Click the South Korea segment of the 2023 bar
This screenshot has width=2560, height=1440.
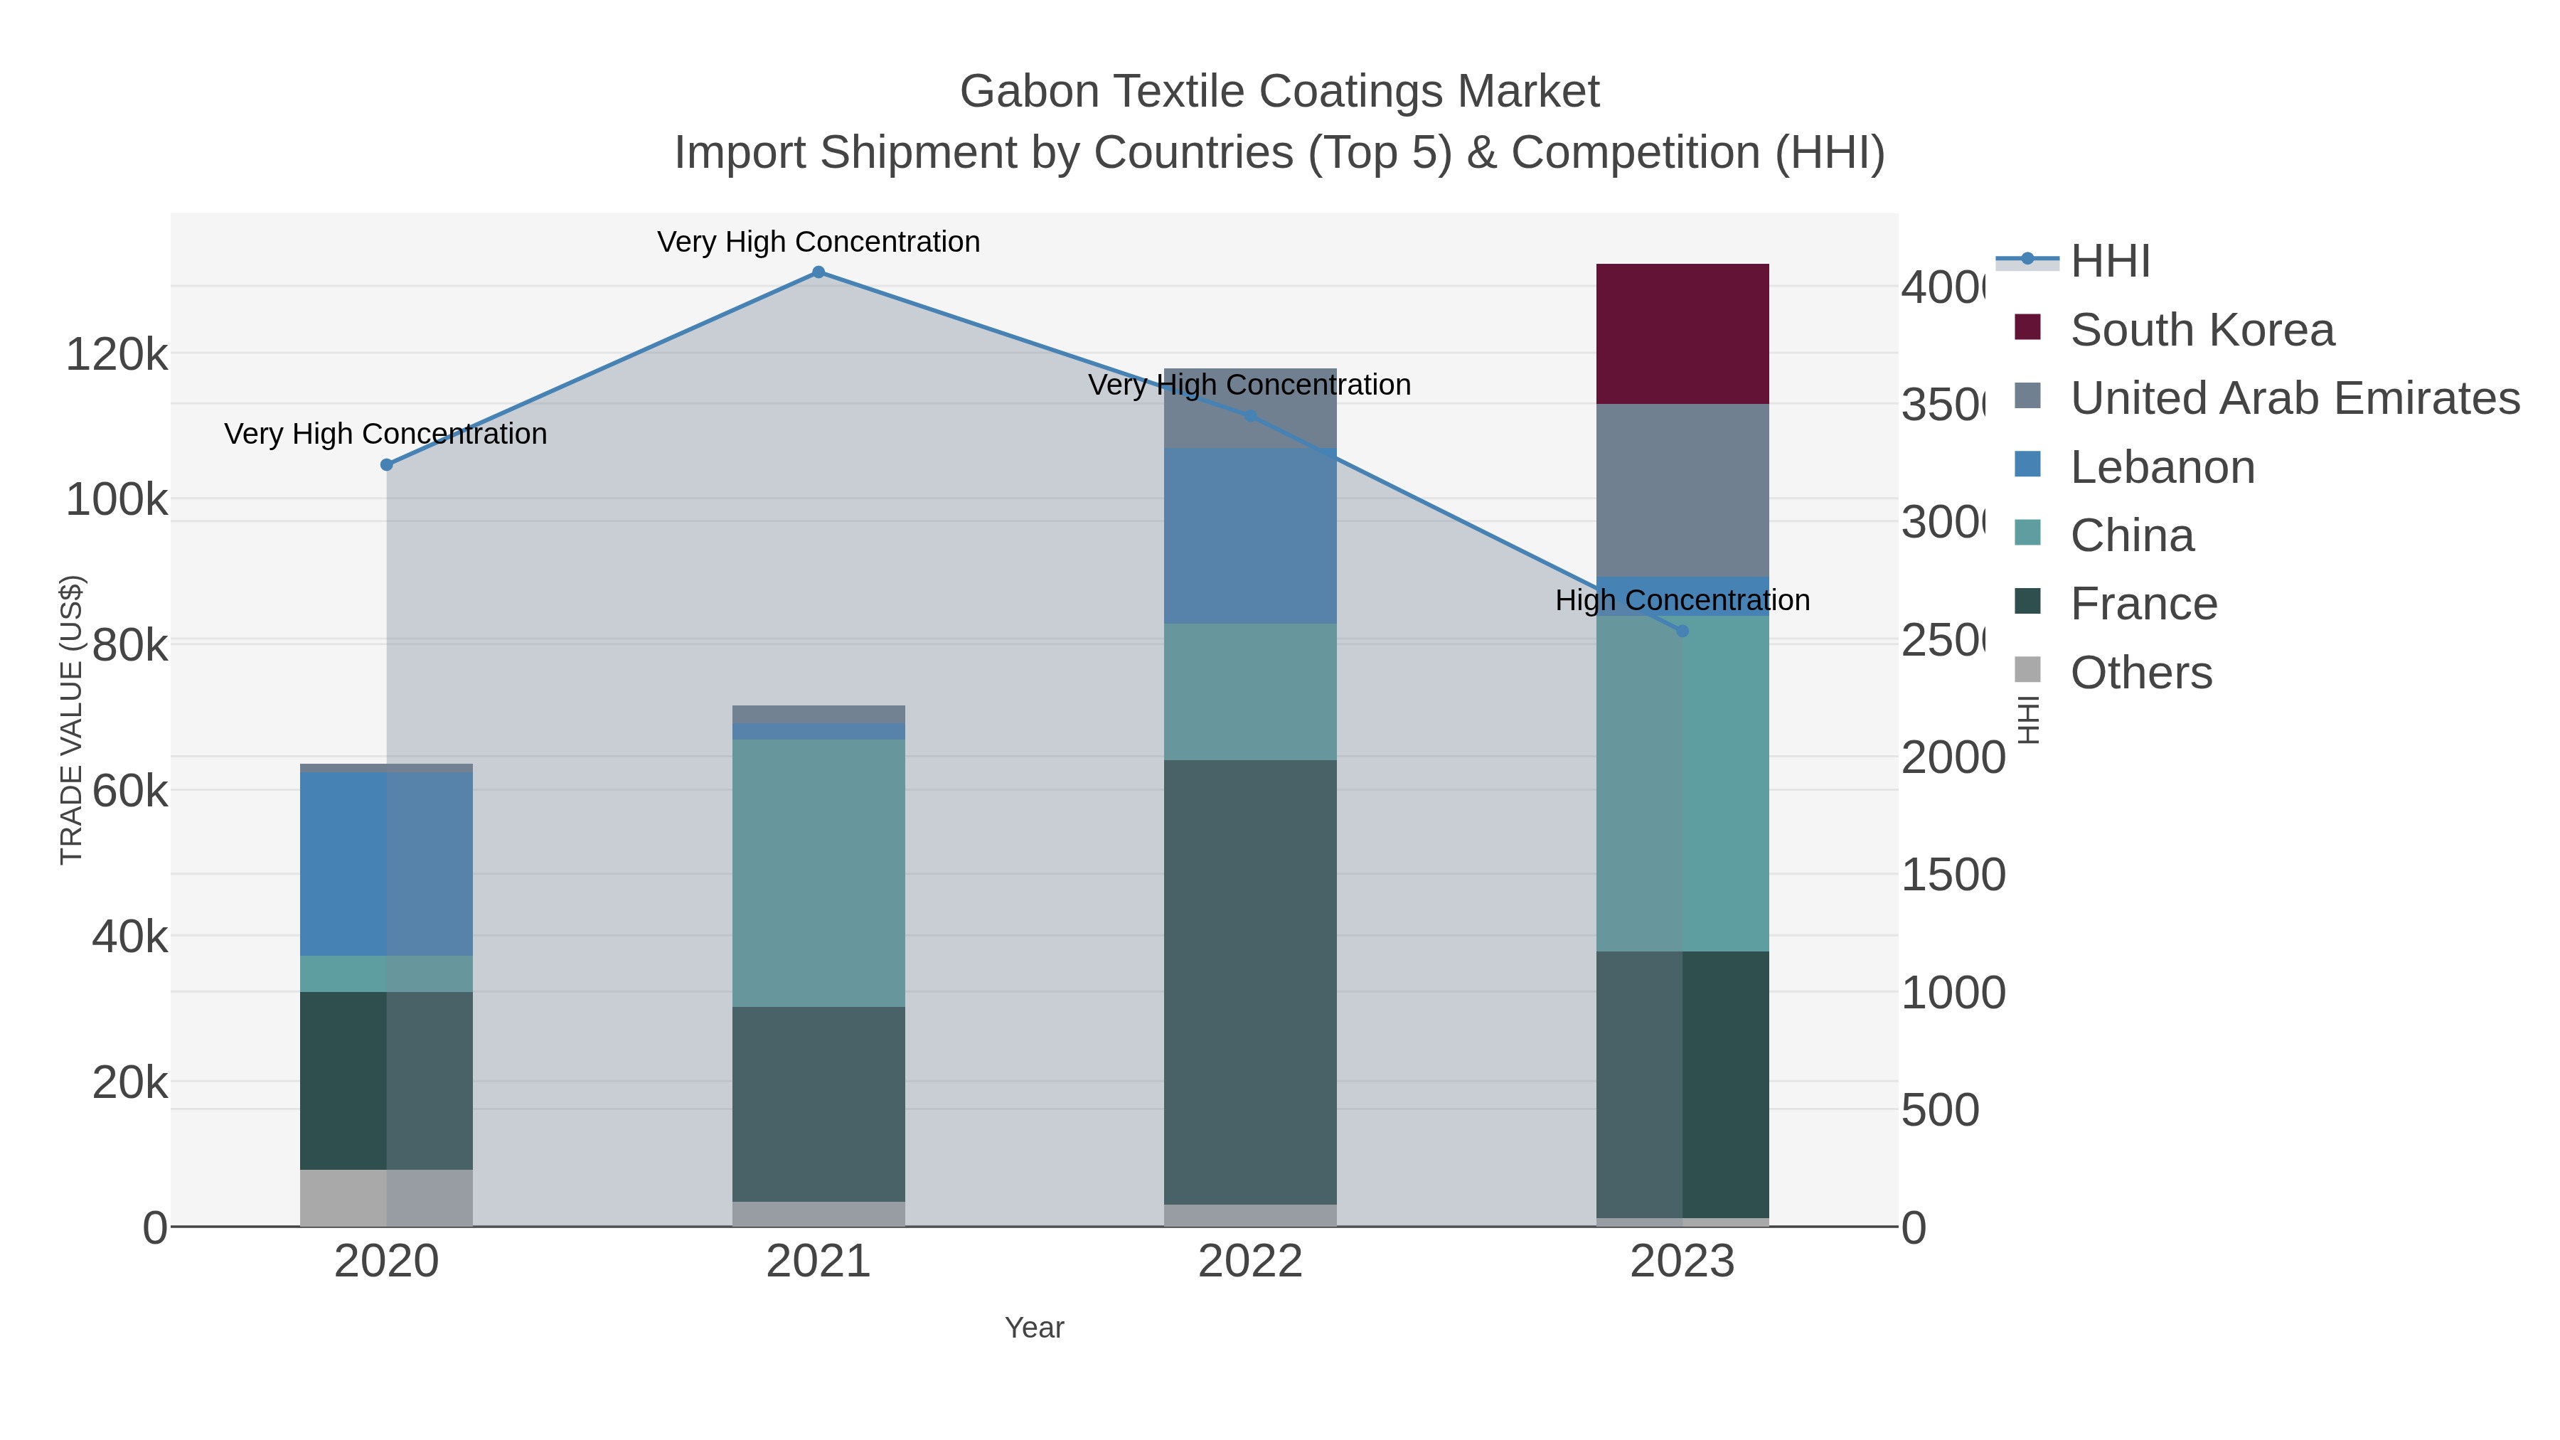pos(1682,334)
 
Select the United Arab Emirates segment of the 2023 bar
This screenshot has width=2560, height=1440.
pos(1682,490)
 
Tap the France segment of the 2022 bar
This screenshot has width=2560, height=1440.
pos(1249,982)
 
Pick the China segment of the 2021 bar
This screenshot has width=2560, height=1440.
pos(818,873)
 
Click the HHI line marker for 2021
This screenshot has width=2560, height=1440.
pos(818,272)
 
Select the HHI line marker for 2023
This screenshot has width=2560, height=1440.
pos(1682,631)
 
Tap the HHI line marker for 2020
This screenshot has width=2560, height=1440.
pos(387,465)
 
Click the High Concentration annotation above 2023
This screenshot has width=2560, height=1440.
pos(1682,600)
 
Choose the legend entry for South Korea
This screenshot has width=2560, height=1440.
pos(2201,330)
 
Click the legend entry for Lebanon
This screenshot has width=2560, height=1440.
pos(2162,467)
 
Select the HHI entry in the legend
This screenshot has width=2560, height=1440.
pos(2109,262)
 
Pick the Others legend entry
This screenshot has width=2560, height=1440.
pos(2140,673)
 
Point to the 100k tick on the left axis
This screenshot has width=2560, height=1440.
pos(117,500)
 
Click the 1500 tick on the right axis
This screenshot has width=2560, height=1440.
pos(1952,875)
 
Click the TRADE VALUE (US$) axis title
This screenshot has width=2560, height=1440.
pos(72,720)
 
